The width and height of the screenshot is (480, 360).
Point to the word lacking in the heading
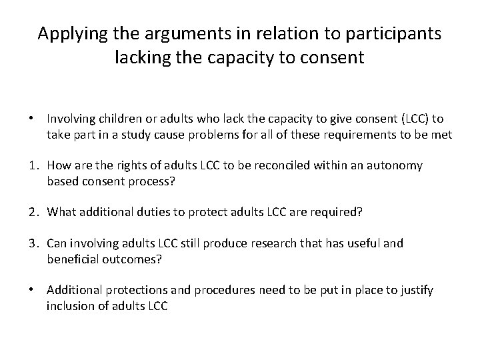[141, 58]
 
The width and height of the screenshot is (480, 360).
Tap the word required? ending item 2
[339, 213]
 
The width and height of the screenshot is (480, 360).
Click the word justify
[415, 291]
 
